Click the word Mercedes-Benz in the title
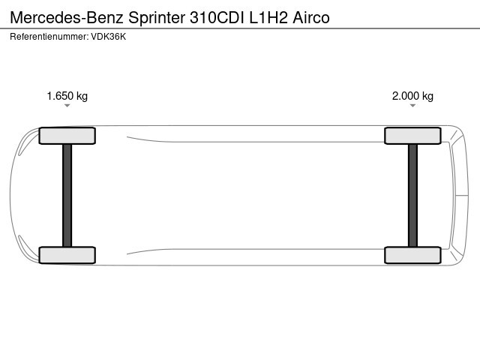67,18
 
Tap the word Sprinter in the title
157,18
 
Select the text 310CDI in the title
217,18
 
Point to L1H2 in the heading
268,18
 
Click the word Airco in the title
311,18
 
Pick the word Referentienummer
49,37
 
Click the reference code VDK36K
108,37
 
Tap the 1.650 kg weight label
67,96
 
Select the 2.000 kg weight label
412,96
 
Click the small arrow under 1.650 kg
67,106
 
